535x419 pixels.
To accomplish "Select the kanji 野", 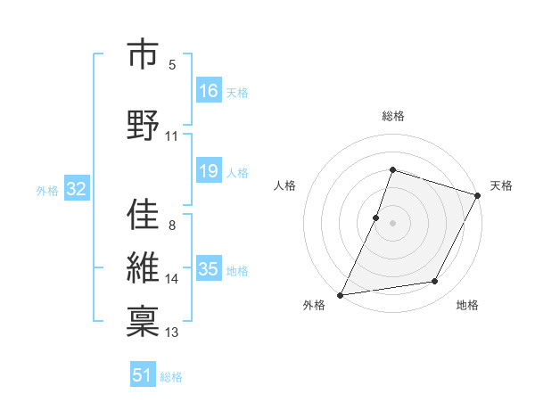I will [142, 123].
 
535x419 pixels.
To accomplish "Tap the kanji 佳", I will [142, 214].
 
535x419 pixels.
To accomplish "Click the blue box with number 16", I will [208, 91].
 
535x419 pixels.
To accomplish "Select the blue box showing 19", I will [208, 171].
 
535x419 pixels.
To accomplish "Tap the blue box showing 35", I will [208, 269].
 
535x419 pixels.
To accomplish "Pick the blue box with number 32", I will [76, 190].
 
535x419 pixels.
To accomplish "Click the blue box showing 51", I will [143, 375].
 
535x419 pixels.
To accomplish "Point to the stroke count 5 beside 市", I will [172, 65].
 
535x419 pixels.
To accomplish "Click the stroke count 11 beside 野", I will [172, 136].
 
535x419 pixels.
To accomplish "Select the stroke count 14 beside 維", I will [172, 279].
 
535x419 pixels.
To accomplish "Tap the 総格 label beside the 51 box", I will [171, 377].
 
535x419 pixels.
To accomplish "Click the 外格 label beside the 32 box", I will [47, 191].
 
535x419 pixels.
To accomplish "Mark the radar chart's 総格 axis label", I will [392, 116].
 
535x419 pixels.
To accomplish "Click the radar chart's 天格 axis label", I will [501, 185].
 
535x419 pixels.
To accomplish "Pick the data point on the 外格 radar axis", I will [340, 294].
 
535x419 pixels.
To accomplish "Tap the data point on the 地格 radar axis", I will [435, 282].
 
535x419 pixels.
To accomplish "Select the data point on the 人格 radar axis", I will [376, 218].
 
